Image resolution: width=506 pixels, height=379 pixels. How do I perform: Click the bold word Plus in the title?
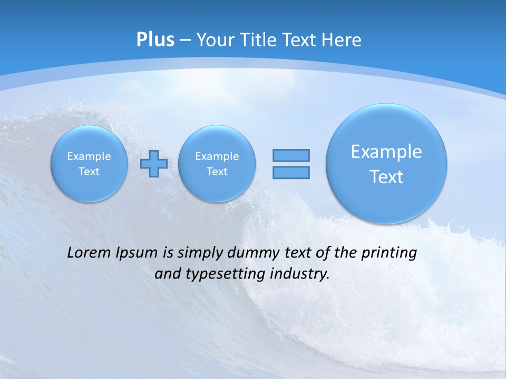click(155, 40)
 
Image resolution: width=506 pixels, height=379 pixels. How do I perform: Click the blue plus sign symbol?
click(154, 164)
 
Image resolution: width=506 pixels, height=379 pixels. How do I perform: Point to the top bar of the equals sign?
click(291, 155)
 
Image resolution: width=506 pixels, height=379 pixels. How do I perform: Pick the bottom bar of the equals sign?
click(291, 172)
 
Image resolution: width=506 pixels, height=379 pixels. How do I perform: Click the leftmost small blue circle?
click(89, 164)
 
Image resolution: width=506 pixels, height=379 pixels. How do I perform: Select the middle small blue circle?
click(217, 164)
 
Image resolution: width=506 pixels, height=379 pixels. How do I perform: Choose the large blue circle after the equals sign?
click(386, 164)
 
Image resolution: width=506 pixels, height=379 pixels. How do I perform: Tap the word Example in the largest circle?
click(386, 152)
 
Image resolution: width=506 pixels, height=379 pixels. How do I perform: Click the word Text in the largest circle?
click(386, 177)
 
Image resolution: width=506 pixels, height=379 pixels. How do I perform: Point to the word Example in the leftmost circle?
click(89, 156)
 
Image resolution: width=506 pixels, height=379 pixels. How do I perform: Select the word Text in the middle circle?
click(217, 172)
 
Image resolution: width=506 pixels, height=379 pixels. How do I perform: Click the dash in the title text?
click(185, 40)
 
